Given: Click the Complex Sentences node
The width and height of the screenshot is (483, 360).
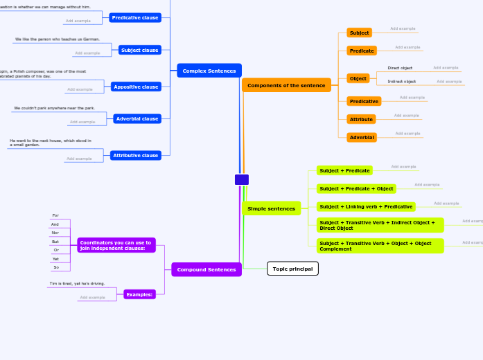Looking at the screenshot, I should (209, 71).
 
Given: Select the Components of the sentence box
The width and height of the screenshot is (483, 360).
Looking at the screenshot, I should (286, 85).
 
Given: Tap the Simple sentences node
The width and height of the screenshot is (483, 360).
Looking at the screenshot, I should (271, 208).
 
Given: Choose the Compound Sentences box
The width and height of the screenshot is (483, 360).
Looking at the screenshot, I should (207, 269).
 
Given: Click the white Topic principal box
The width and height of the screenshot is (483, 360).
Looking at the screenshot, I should (292, 269).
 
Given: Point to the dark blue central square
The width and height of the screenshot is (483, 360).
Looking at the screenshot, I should (242, 180).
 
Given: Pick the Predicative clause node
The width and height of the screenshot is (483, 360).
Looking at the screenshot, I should (135, 17).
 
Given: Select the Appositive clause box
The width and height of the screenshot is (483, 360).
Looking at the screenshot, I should (136, 87).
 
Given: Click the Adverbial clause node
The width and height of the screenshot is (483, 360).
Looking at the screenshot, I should (137, 119).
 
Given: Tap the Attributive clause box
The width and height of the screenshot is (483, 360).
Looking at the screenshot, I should (136, 156).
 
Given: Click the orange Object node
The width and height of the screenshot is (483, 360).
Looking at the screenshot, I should (358, 78).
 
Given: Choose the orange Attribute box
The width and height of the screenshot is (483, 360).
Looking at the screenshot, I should (361, 119).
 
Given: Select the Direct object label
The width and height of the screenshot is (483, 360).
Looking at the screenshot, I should (400, 68).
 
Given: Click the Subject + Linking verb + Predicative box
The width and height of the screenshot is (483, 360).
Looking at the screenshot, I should (366, 206).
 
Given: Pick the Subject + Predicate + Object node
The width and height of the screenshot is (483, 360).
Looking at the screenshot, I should (357, 188).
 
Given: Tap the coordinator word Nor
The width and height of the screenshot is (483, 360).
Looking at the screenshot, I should (55, 233).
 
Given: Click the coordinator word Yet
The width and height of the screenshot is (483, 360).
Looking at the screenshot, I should (55, 258).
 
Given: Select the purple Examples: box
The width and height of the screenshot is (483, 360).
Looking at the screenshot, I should (139, 294).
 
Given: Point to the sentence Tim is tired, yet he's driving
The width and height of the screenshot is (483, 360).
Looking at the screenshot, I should (77, 283).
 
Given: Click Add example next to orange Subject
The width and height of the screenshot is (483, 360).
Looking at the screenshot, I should (403, 28).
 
